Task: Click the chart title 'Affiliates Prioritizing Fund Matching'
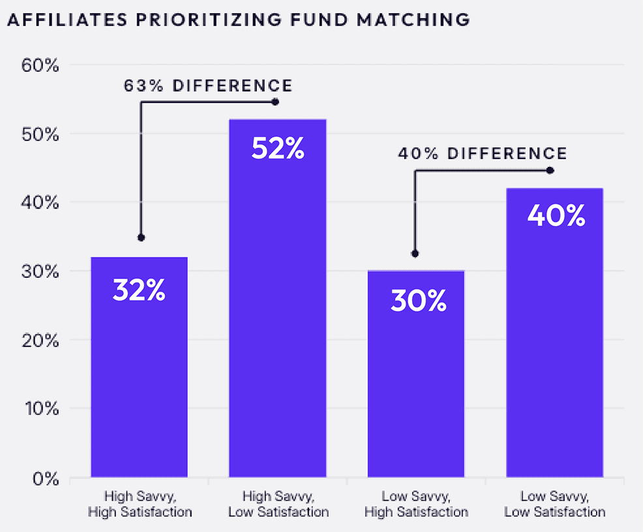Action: (x=238, y=20)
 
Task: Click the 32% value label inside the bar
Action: (x=139, y=291)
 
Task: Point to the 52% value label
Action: (x=277, y=149)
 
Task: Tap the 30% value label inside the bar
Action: (x=418, y=301)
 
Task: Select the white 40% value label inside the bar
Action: (x=556, y=216)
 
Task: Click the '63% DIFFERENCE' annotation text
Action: (x=208, y=85)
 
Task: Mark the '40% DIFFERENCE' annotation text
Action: (x=483, y=154)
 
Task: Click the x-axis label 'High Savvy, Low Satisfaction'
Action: (x=278, y=504)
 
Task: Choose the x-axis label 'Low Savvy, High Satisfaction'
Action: (x=416, y=504)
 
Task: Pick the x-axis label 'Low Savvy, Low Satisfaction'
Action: (x=554, y=504)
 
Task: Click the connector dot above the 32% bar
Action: (x=141, y=238)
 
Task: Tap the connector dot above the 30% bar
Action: (x=415, y=254)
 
